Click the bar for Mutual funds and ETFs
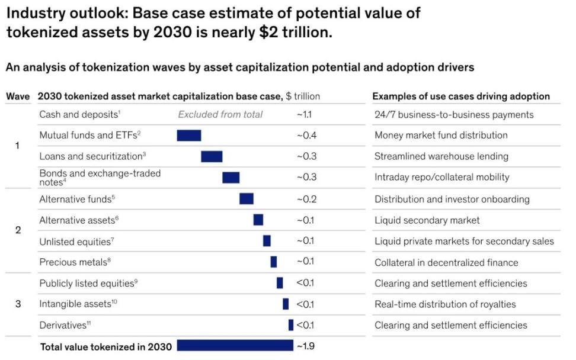point(189,136)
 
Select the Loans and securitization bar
point(212,156)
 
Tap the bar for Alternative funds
point(247,199)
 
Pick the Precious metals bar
point(274,262)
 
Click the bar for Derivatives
point(291,325)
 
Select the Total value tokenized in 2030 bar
point(235,345)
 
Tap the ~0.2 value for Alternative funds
point(306,199)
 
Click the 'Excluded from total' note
point(220,115)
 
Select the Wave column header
point(18,97)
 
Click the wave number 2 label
point(18,230)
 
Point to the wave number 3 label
point(18,304)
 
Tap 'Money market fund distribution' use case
point(441,136)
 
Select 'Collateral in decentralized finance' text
point(446,262)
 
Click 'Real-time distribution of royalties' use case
point(445,304)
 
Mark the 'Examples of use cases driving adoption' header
point(461,97)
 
